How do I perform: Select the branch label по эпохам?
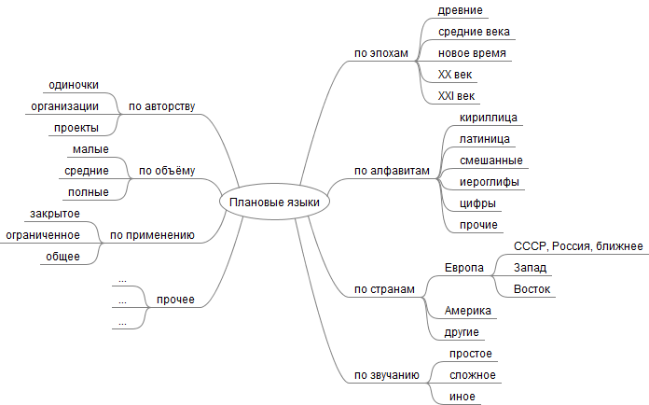pos(381,53)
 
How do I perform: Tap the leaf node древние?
pos(460,10)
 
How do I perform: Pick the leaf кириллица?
pos(489,118)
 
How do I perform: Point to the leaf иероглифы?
pos(490,181)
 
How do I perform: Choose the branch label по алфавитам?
pos(392,171)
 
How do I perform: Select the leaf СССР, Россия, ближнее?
pos(578,245)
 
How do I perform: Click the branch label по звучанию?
pos(385,375)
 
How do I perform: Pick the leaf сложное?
pos(472,375)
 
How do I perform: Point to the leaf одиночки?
pos(74,85)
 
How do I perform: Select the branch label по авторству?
pos(161,105)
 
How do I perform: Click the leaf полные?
pos(89,192)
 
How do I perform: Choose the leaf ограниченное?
pos(43,235)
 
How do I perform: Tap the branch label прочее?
pos(175,300)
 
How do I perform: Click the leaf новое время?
pos(472,53)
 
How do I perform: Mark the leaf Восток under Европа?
pos(532,289)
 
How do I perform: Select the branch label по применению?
pos(152,235)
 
